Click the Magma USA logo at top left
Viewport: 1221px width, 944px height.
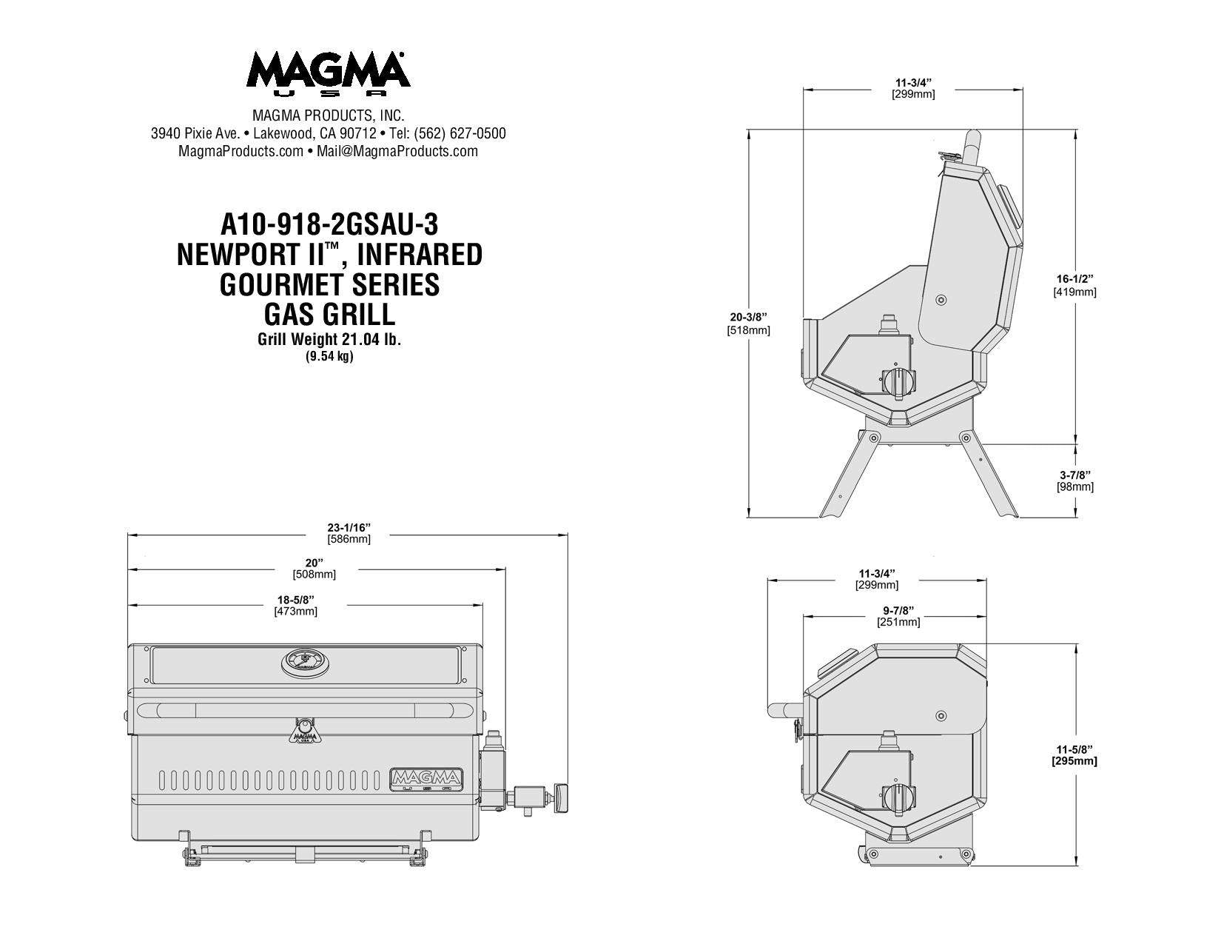pos(328,74)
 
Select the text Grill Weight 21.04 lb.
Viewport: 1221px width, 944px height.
pos(329,340)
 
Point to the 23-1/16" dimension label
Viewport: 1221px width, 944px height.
pos(349,527)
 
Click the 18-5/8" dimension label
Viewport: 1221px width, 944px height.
pos(295,599)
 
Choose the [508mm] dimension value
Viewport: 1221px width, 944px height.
pos(314,574)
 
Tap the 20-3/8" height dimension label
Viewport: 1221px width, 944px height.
pos(748,318)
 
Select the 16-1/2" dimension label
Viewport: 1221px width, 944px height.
pos(1074,279)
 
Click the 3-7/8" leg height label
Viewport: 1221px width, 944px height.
pos(1075,475)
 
